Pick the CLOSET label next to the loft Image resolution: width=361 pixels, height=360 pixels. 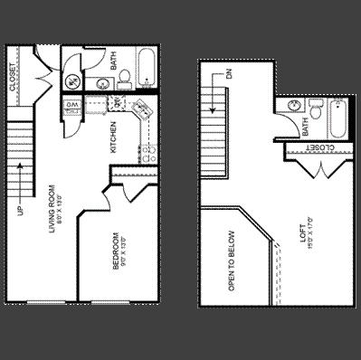[319, 147]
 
